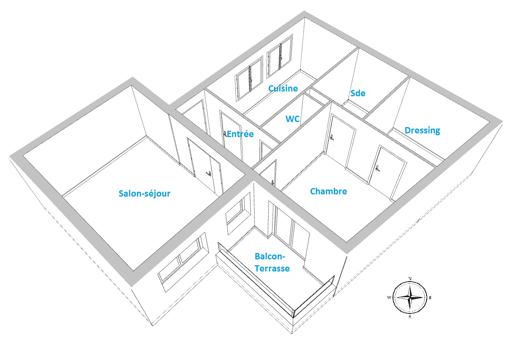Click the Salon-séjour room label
click(x=144, y=194)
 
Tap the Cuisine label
click(x=283, y=88)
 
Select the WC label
click(x=292, y=119)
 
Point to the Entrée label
click(x=240, y=134)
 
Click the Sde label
click(x=358, y=93)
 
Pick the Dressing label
click(x=422, y=130)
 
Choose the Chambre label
click(x=328, y=191)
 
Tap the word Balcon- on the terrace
click(x=270, y=256)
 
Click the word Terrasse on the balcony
click(x=272, y=269)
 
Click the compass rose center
click(x=410, y=297)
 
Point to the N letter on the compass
click(x=410, y=278)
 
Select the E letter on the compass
click(x=430, y=298)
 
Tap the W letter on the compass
click(x=389, y=298)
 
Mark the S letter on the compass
click(x=410, y=317)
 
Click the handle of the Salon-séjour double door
click(x=209, y=173)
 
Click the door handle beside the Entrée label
click(x=225, y=133)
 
